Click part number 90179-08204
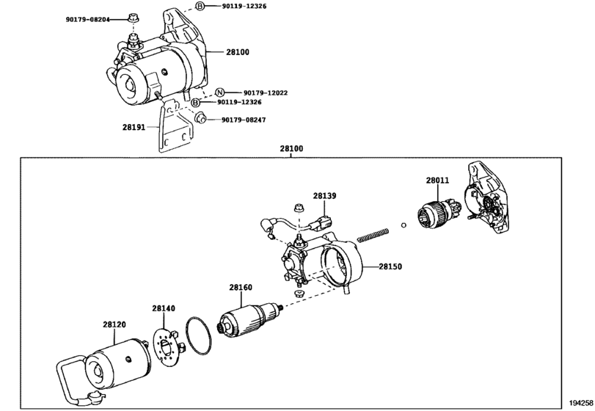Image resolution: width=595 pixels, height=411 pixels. pos(87,19)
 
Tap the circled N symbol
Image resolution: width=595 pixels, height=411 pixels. pos(220,92)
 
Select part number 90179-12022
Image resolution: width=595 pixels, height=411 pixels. pos(266,92)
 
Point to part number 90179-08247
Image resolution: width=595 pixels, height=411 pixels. pos(244,120)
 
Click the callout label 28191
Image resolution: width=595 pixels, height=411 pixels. pos(134,127)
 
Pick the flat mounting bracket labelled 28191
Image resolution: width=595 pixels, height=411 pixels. pos(175,127)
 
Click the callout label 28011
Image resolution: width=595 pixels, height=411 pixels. pos(437,181)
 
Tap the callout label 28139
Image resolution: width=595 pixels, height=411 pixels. pos(324,196)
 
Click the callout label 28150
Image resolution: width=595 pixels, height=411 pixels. pos(390,266)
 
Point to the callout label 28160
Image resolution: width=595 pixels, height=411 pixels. pos(241,287)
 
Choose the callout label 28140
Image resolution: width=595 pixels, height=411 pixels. pos(164,308)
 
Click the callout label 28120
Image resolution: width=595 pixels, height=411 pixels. pos(114,324)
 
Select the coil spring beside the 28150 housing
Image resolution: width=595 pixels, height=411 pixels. pos(373,234)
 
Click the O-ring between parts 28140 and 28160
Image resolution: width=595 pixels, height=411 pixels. pos(199,336)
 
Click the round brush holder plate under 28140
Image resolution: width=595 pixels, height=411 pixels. pos(167,346)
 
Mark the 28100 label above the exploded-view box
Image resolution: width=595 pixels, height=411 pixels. pos(291,148)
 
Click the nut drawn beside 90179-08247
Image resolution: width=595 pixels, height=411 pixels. pos(200,117)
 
